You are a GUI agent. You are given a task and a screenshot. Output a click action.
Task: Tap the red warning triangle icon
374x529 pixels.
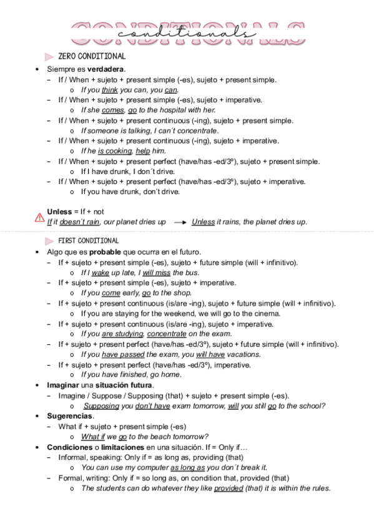(x=39, y=218)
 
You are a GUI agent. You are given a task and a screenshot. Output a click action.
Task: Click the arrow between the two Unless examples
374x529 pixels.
(x=180, y=222)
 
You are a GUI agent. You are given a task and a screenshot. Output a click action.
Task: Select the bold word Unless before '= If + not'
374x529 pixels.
(x=59, y=212)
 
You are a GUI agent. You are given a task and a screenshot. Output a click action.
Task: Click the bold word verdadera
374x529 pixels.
(x=106, y=69)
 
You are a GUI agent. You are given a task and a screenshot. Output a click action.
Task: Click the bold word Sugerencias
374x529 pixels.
(x=71, y=416)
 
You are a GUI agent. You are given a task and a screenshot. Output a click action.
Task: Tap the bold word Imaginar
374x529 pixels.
(x=62, y=386)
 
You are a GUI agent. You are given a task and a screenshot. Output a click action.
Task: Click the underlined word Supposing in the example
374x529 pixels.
(x=101, y=406)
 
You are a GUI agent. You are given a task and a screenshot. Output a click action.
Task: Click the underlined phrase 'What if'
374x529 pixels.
(x=94, y=437)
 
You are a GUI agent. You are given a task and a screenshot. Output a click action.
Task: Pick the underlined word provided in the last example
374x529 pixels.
(x=229, y=488)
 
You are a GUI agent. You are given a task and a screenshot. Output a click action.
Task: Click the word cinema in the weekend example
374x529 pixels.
(x=267, y=314)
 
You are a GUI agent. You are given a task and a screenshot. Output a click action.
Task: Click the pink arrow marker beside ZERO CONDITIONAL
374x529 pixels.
(x=49, y=57)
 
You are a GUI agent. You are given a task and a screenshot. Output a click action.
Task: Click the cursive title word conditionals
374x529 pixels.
(x=187, y=32)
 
